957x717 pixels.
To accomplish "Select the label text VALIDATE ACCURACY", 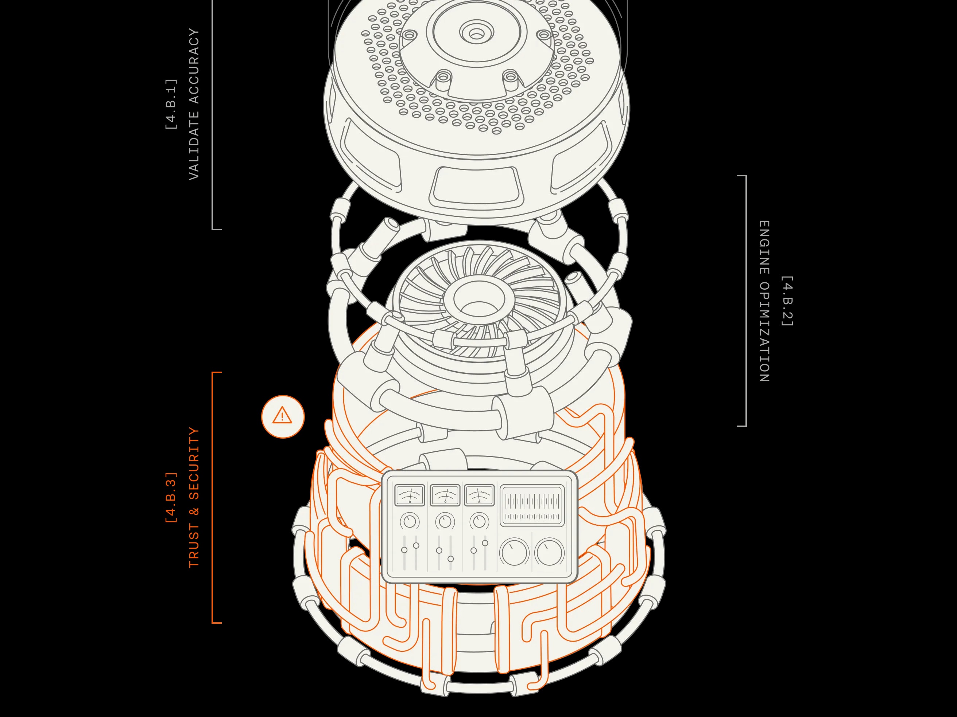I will click(x=194, y=104).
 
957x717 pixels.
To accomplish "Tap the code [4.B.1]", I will click(x=171, y=104).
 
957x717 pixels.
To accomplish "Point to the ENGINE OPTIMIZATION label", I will click(x=764, y=301).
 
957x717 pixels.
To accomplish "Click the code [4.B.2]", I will click(x=787, y=301).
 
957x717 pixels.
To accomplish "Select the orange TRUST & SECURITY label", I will click(x=194, y=497).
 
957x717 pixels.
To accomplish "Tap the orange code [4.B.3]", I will click(x=171, y=497).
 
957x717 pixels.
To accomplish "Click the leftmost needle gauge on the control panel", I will click(x=409, y=495).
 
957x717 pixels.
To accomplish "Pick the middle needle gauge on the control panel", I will click(x=445, y=495).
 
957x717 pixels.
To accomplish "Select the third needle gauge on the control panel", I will click(x=479, y=495).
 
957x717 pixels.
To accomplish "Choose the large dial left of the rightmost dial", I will click(x=514, y=552).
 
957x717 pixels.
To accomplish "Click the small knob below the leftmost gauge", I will click(x=409, y=521).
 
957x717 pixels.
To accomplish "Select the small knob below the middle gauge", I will click(x=445, y=521).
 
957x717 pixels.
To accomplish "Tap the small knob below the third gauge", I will click(x=479, y=521).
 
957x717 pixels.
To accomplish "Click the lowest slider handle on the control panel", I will click(x=451, y=559).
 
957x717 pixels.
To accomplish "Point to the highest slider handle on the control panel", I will click(x=485, y=543).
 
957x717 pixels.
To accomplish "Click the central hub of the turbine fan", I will click(x=479, y=300).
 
